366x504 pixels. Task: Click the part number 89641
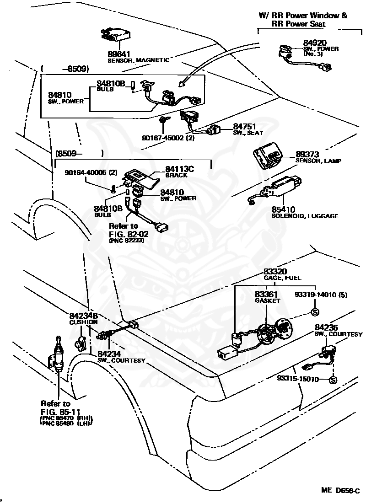118,54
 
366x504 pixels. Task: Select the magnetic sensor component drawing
116,35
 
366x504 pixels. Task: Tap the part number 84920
315,43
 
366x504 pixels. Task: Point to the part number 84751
244,127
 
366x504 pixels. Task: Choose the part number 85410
283,210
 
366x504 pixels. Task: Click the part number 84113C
180,169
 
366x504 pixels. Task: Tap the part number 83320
275,272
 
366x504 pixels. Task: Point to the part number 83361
266,295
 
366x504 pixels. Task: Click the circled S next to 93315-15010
333,380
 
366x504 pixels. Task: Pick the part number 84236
326,327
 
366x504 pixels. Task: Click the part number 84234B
84,316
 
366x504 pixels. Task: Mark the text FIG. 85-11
60,412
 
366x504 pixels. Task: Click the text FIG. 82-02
129,234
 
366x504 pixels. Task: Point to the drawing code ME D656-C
340,490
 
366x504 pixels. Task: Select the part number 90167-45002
163,138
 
